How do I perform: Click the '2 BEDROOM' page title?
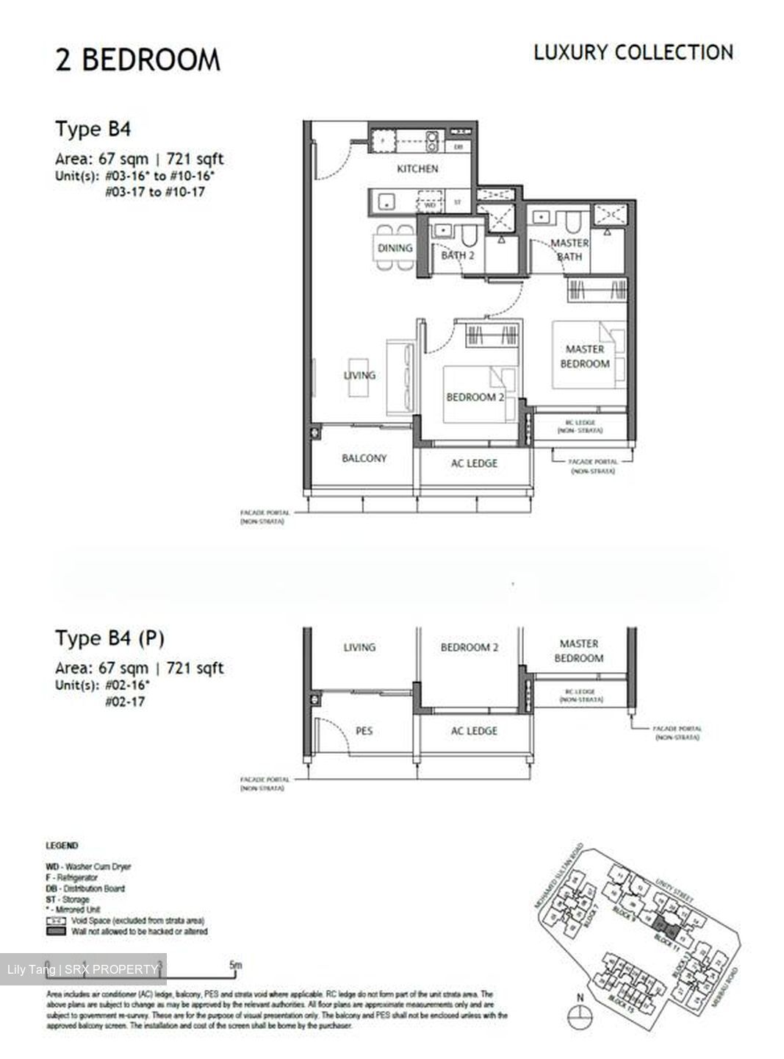point(137,60)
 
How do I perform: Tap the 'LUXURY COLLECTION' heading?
point(633,53)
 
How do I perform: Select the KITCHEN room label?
point(417,169)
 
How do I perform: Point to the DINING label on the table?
point(395,248)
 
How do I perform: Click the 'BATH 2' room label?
point(457,255)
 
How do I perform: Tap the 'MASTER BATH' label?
point(569,249)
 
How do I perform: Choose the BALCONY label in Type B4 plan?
point(364,458)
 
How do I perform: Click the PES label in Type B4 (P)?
point(364,730)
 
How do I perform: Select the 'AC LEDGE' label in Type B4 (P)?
point(474,730)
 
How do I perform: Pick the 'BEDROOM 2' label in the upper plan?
point(475,397)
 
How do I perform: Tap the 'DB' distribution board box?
point(458,147)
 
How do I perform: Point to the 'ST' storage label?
point(457,202)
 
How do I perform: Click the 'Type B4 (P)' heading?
point(109,638)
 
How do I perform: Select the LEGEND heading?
point(62,846)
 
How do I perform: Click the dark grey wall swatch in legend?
point(56,931)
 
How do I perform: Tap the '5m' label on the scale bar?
point(235,965)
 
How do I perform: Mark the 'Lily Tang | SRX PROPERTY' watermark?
point(82,969)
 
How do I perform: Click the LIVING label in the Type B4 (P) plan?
point(359,647)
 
